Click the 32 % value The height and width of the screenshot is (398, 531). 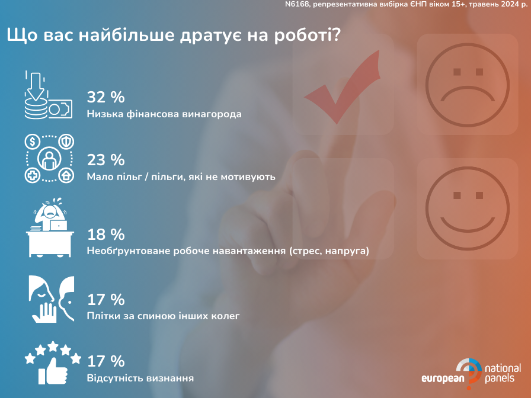(105, 97)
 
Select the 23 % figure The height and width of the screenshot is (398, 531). (105, 160)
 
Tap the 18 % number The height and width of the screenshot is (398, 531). (105, 235)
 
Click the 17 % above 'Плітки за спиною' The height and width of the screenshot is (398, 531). (105, 300)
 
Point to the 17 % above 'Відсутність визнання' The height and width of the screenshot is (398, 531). (105, 361)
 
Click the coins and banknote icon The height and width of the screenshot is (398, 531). (49, 95)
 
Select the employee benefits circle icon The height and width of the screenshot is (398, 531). (49, 158)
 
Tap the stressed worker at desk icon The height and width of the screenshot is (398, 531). (50, 227)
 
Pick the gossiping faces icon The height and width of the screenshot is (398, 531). (52, 299)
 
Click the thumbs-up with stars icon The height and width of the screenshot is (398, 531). (53, 363)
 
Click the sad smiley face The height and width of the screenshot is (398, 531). (468, 85)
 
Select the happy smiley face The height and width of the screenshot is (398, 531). (468, 209)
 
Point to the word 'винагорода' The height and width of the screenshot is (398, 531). (212, 114)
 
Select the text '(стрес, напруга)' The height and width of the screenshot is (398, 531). (329, 251)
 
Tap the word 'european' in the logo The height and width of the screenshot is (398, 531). (443, 378)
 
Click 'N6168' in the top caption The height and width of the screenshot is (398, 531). (297, 4)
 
